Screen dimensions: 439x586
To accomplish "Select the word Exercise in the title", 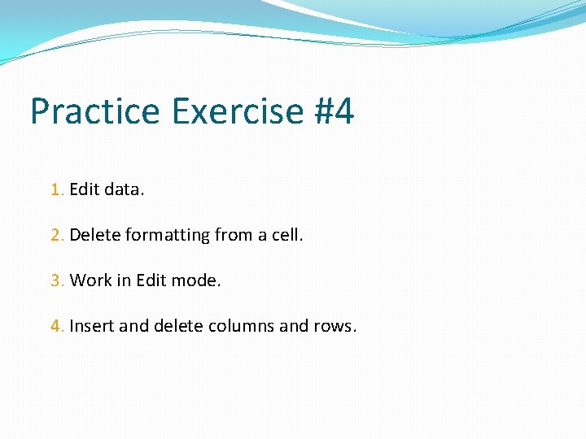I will click(235, 111).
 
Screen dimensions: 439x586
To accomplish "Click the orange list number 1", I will click(55, 189).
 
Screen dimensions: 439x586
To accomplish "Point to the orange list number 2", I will click(55, 235).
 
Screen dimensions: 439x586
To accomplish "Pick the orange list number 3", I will click(55, 280).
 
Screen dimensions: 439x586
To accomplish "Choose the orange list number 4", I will click(55, 326).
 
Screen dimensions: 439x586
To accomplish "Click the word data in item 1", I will click(124, 189).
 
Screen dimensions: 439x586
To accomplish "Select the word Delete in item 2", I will click(94, 235).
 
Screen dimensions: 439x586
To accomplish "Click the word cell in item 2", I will click(286, 235).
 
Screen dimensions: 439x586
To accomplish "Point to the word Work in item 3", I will click(88, 280).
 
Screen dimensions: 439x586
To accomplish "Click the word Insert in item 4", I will click(91, 326).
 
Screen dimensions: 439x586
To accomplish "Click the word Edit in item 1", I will click(84, 189).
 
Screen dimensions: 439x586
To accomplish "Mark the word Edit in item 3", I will click(150, 280).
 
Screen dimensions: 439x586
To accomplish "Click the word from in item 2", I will click(233, 235).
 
